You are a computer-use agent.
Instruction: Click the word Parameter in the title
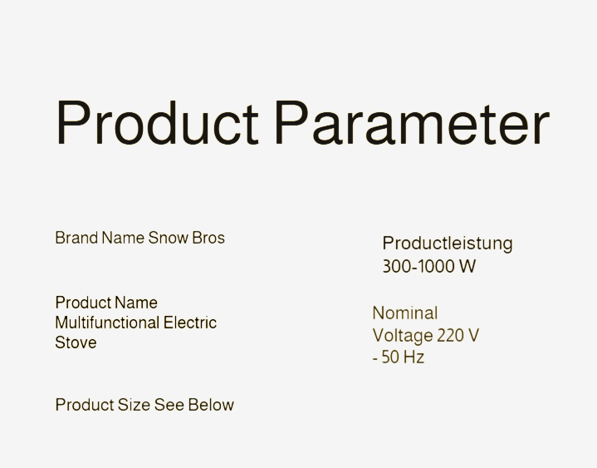click(413, 123)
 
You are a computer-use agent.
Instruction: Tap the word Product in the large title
click(157, 123)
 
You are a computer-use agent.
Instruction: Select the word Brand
click(76, 238)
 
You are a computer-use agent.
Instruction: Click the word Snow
click(168, 238)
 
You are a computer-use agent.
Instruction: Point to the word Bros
click(208, 238)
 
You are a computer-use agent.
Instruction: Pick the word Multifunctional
click(107, 323)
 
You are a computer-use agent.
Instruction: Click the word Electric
click(190, 323)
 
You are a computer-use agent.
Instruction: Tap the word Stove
click(76, 342)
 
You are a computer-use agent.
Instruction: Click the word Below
click(211, 405)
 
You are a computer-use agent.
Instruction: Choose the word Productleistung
click(448, 244)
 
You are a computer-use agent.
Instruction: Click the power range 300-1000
click(418, 266)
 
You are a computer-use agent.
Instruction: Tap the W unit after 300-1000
click(467, 266)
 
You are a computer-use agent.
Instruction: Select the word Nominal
click(405, 313)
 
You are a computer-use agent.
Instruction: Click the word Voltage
click(403, 336)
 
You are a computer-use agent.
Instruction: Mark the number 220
click(452, 336)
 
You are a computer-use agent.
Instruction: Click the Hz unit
click(413, 357)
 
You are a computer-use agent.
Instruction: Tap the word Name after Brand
click(123, 238)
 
